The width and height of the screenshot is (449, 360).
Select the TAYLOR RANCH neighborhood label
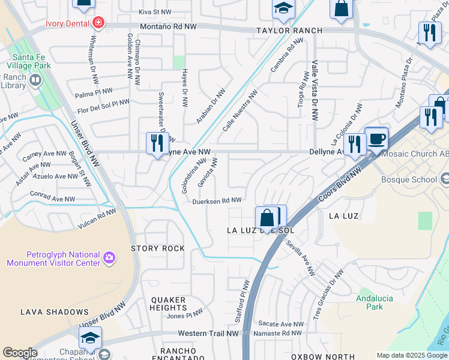(x=289, y=31)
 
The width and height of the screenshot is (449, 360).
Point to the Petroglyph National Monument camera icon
(x=109, y=258)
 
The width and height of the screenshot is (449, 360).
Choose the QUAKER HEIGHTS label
(x=169, y=304)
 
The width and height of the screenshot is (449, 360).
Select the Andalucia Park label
(x=369, y=302)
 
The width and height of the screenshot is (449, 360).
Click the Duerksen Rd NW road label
(x=217, y=201)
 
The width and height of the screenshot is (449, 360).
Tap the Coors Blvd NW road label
(x=340, y=181)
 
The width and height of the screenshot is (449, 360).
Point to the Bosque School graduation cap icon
(x=445, y=179)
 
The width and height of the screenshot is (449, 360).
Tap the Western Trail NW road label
(x=203, y=333)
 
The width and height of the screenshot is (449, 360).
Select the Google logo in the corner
(x=19, y=353)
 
